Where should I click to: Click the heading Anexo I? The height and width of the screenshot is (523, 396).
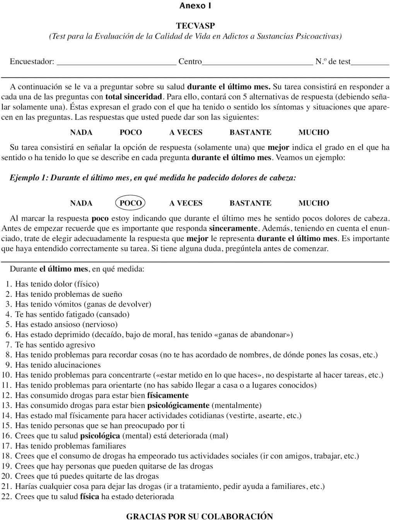point(195,6)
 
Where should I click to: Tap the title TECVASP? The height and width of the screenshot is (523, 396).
point(195,26)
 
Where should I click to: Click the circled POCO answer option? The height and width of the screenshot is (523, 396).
point(131,203)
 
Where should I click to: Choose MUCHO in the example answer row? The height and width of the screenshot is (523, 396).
point(314,203)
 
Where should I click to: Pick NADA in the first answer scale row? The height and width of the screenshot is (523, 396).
point(81,132)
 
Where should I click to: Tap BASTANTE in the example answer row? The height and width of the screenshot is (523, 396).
point(250,203)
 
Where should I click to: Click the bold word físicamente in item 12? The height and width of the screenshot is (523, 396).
point(168,395)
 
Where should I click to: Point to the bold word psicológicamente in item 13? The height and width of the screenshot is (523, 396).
point(178,405)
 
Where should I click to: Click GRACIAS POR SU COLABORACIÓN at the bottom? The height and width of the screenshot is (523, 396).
point(200,516)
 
